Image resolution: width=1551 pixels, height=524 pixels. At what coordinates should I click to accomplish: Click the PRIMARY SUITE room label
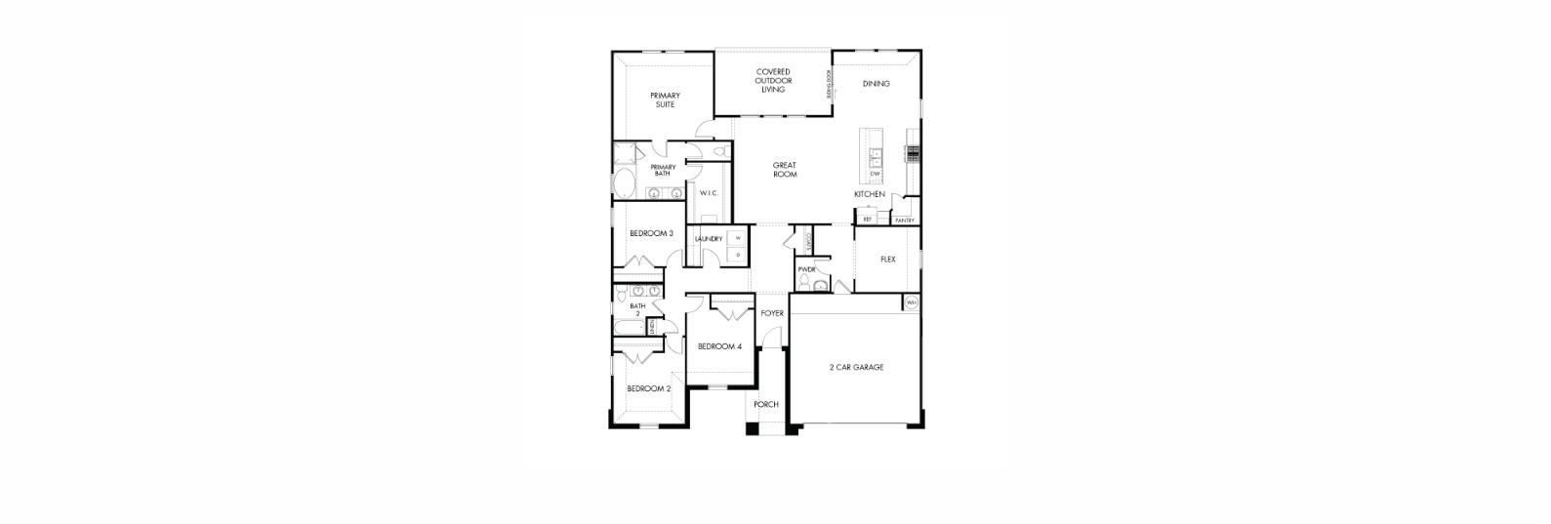pos(665,100)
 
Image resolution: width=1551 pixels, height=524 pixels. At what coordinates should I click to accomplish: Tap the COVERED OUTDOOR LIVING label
pos(773,80)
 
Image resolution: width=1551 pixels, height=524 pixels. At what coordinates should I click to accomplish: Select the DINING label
pos(876,84)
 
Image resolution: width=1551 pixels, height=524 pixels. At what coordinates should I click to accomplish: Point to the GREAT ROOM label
pos(785,170)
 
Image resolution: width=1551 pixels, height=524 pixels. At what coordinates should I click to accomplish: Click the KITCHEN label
pos(869,194)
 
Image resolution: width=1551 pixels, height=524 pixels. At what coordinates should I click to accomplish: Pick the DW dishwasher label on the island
pos(875,174)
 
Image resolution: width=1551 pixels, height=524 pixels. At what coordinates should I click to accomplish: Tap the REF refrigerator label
pos(867,220)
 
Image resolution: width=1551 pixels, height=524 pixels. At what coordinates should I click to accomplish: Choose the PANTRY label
pos(905,221)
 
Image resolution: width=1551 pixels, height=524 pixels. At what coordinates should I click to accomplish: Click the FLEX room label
pos(887,260)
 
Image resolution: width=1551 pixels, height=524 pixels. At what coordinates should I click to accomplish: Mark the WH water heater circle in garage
pos(912,302)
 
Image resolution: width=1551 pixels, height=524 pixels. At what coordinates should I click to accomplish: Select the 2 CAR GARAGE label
pos(856,368)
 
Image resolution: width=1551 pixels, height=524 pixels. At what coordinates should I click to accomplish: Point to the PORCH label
pos(766,404)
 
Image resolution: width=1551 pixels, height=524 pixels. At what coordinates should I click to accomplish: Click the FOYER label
pos(772,313)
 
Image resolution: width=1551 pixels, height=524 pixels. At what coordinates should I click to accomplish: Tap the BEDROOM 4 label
pos(719,346)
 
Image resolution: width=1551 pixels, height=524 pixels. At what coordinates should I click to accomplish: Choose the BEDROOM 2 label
pos(648,388)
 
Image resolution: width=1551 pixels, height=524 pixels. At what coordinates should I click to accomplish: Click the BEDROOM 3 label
pos(651,233)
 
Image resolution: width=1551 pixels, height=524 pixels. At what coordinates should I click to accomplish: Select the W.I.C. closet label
pos(709,193)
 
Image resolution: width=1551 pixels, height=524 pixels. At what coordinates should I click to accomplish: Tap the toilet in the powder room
pos(804,283)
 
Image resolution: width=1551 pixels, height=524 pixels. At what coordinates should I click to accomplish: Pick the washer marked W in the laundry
pos(737,238)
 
